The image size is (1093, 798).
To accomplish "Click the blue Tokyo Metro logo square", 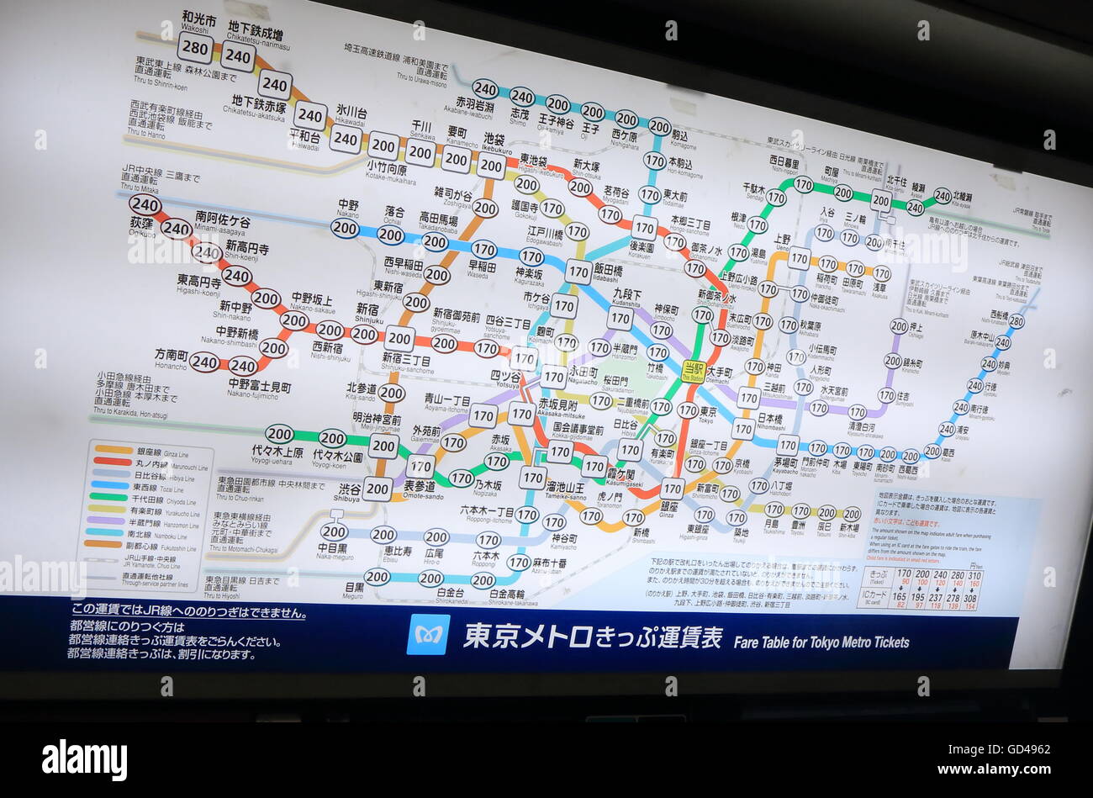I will point(428,634).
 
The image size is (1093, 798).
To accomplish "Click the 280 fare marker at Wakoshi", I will point(195,47).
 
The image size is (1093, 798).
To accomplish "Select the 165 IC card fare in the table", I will point(899,597).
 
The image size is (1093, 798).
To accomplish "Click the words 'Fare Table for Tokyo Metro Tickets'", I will point(821,642).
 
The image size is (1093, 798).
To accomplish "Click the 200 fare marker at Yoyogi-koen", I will point(333,438).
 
